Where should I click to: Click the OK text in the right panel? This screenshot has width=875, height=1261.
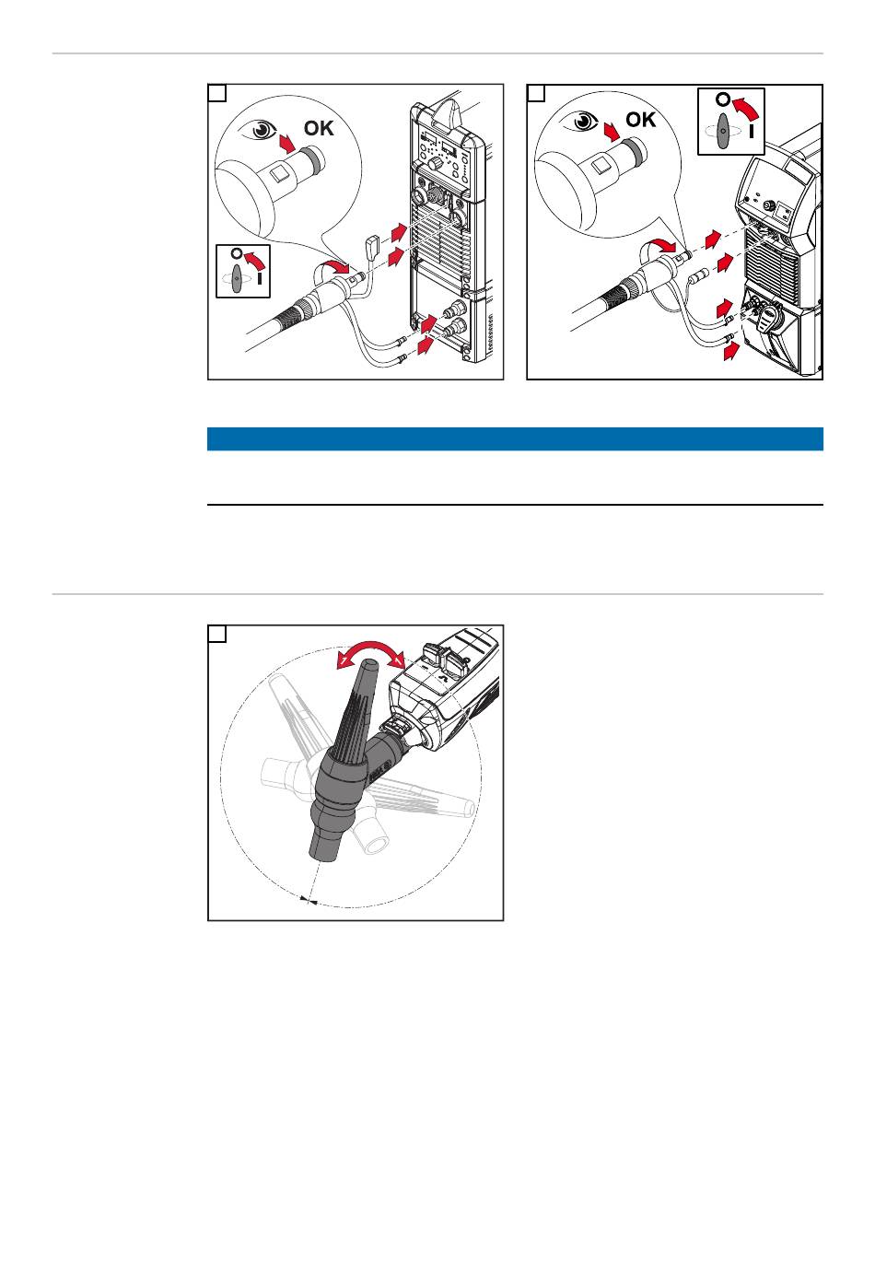tap(640, 120)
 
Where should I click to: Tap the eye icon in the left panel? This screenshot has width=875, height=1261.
tap(257, 129)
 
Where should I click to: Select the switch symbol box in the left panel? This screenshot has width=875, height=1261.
tap(242, 272)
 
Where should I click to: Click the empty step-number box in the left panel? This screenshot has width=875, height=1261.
tap(217, 93)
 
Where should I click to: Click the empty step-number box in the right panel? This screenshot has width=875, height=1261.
tap(536, 93)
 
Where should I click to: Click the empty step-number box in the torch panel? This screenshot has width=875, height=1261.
tap(217, 634)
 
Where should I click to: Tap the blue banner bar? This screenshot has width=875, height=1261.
tap(514, 438)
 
